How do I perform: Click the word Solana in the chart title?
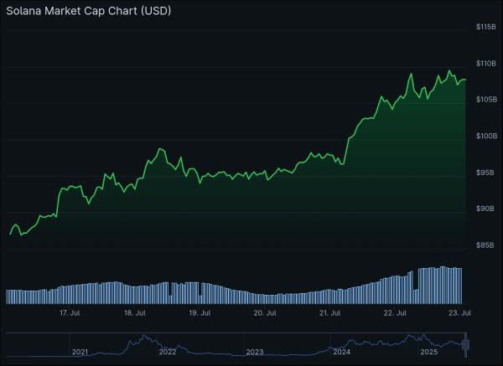tap(26, 12)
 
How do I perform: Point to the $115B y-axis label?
tap(485, 28)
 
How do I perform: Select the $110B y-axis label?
tap(485, 64)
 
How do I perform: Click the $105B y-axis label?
tap(485, 100)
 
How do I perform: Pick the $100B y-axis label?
tap(485, 136)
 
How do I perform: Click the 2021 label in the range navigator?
tap(80, 352)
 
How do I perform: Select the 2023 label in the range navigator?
tap(255, 352)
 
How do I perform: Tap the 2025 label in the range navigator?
tap(428, 352)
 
